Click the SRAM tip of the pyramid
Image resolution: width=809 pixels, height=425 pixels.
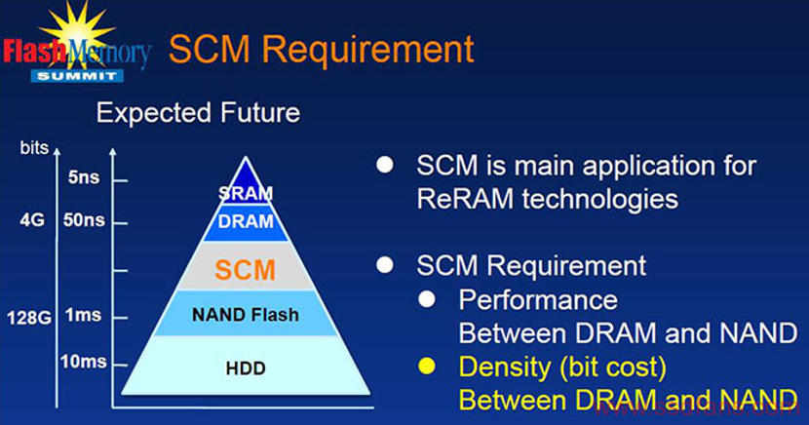point(246,184)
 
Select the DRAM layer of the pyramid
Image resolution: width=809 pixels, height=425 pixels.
point(246,223)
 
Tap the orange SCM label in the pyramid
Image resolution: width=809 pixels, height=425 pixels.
point(245,270)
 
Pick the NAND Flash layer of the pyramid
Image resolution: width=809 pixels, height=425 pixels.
point(246,314)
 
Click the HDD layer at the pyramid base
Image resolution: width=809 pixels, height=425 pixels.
point(246,367)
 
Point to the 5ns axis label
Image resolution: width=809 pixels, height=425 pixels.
point(84,177)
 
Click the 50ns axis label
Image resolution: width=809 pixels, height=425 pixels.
point(84,220)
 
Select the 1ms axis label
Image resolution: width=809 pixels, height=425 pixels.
point(83,315)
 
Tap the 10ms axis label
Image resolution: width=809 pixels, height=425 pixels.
point(83,362)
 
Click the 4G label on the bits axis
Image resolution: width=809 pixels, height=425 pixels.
point(32,220)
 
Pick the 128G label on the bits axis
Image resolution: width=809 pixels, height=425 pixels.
point(29,318)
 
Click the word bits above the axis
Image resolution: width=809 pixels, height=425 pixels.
point(34,148)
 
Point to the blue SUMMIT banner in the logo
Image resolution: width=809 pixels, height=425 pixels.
point(77,76)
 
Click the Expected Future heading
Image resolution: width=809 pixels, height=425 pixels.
point(198,113)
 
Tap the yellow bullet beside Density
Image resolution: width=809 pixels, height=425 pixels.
point(427,367)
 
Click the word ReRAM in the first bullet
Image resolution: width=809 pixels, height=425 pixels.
point(465,199)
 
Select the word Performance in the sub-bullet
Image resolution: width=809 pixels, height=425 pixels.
point(538,300)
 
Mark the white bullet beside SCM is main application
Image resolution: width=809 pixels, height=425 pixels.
point(385,165)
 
